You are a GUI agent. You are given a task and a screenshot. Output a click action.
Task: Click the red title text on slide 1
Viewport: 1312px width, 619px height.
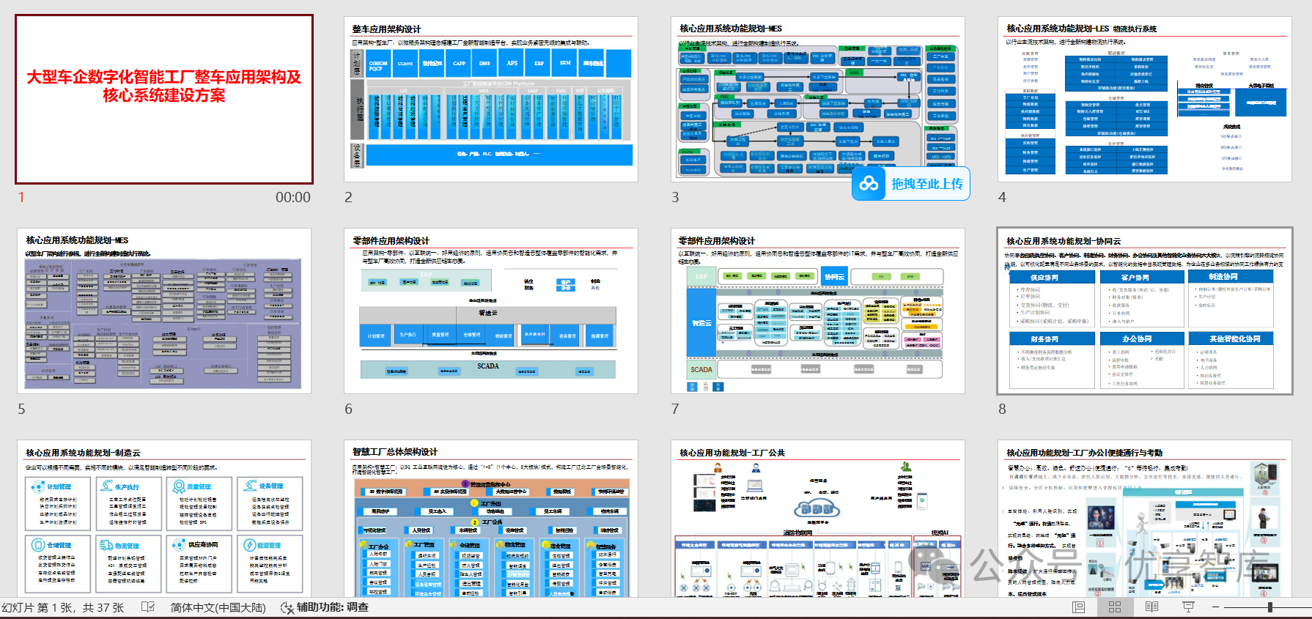164,86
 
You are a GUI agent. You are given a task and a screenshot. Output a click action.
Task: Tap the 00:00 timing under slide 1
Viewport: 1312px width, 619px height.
292,197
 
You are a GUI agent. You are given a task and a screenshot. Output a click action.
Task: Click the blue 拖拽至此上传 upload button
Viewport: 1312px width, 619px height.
911,184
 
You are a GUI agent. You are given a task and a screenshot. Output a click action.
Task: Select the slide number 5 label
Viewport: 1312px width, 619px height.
21,409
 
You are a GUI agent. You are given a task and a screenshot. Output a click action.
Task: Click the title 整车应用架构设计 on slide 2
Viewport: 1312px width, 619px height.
386,29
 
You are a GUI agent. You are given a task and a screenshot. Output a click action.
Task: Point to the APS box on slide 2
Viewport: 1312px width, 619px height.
512,63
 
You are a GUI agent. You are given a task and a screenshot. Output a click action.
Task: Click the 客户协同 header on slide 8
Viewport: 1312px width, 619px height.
1135,278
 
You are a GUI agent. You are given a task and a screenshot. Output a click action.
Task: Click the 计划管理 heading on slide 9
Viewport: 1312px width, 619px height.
59,486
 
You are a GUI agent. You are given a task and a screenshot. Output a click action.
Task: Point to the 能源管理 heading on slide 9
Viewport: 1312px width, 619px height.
268,545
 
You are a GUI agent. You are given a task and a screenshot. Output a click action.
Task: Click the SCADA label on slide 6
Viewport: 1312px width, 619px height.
488,366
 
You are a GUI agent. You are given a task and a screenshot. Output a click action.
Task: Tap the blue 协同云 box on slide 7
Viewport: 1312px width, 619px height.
834,276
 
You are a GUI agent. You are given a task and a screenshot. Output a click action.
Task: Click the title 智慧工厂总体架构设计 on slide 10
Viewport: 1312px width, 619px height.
395,452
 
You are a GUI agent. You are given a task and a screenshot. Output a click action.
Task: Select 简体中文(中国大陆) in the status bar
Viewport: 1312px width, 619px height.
218,607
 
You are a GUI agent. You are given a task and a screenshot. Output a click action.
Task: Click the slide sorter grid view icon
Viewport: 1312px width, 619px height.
1115,607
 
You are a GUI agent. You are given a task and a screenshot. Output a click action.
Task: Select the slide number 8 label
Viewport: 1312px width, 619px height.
1002,409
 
